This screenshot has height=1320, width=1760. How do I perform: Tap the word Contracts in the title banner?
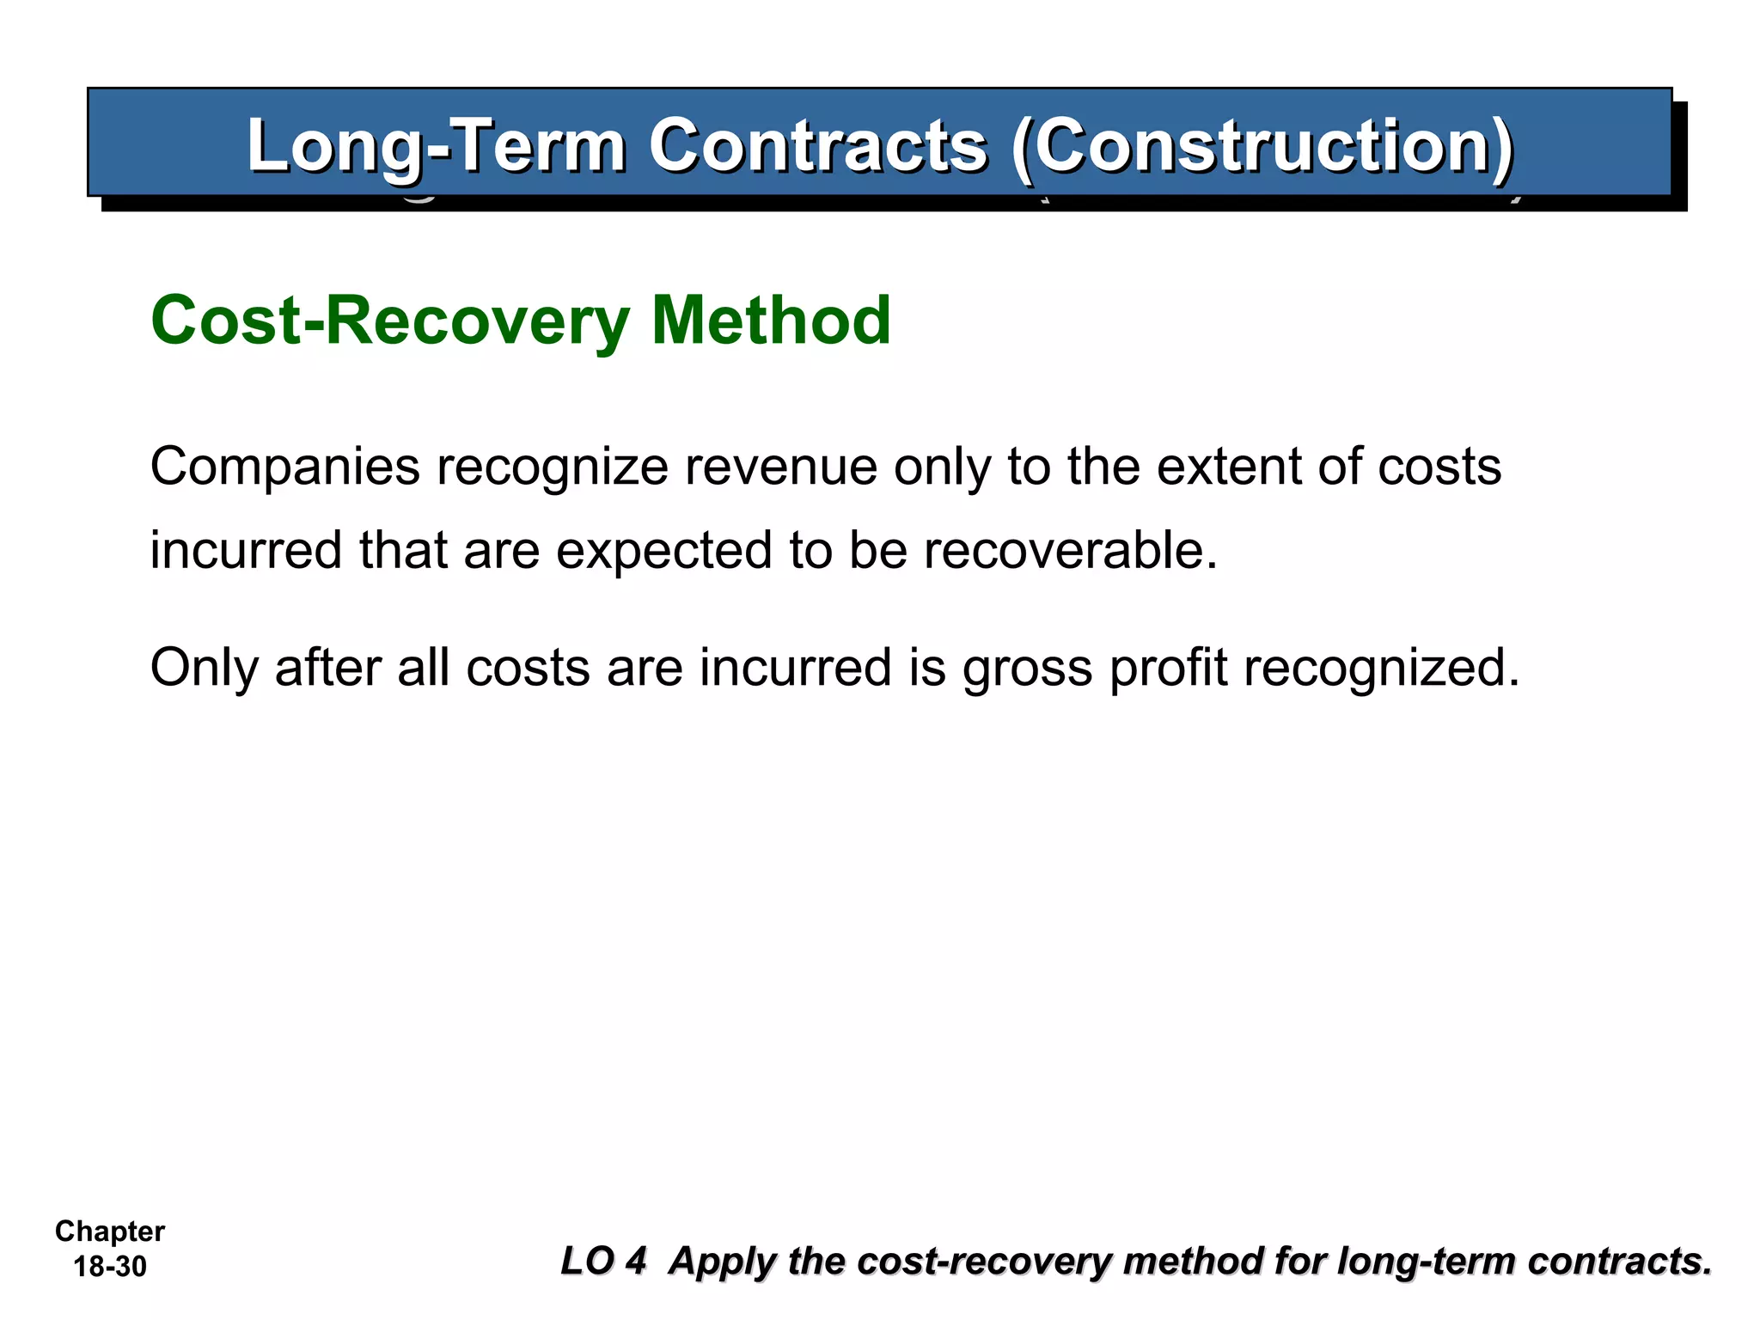pyautogui.click(x=817, y=146)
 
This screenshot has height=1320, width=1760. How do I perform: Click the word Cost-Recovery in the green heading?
pyautogui.click(x=391, y=321)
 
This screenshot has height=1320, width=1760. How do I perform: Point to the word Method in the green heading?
pyautogui.click(x=771, y=321)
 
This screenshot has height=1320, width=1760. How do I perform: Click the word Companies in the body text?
pyautogui.click(x=284, y=467)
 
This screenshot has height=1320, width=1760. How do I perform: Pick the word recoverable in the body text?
pyautogui.click(x=1071, y=551)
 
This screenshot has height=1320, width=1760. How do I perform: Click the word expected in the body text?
pyautogui.click(x=663, y=551)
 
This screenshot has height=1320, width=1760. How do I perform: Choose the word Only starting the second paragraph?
pyautogui.click(x=204, y=668)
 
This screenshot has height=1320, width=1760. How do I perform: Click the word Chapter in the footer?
pyautogui.click(x=110, y=1231)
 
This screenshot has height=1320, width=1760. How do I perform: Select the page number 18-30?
pyautogui.click(x=110, y=1267)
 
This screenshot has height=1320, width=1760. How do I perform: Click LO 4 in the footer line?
pyautogui.click(x=603, y=1262)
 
